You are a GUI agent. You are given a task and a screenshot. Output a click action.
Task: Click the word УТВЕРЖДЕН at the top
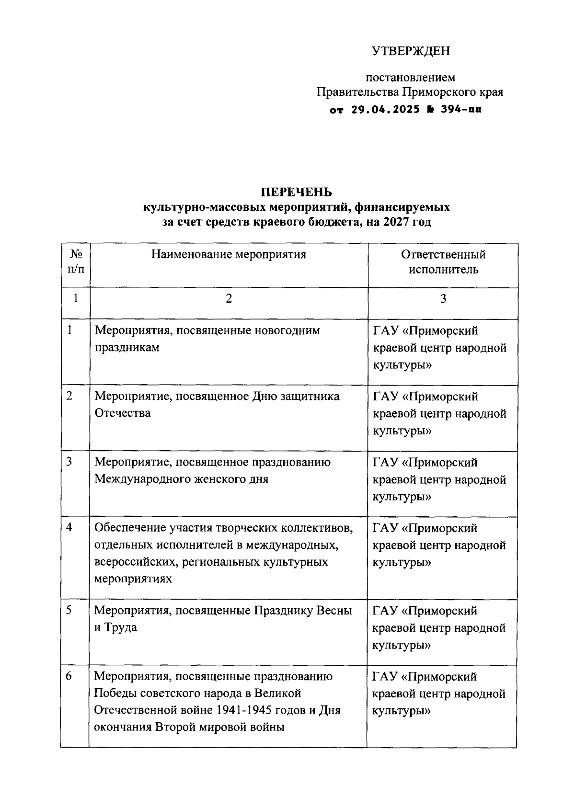tap(411, 51)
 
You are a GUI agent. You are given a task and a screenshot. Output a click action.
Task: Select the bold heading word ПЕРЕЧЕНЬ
tap(296, 192)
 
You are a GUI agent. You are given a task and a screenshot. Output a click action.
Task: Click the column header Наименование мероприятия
tap(229, 254)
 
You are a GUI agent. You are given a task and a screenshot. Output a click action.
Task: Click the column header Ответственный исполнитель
tap(443, 261)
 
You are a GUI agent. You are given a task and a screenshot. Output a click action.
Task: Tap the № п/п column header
tap(76, 261)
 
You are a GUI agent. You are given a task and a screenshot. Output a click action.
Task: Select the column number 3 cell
tap(443, 299)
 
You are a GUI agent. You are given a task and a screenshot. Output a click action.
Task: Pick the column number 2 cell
tap(229, 299)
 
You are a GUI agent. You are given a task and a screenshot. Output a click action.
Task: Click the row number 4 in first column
tap(69, 528)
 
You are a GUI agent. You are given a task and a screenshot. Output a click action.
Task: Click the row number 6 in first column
tap(69, 676)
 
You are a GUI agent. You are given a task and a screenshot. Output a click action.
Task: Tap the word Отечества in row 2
tap(122, 413)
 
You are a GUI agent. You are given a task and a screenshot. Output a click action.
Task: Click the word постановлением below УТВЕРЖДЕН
tap(411, 77)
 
